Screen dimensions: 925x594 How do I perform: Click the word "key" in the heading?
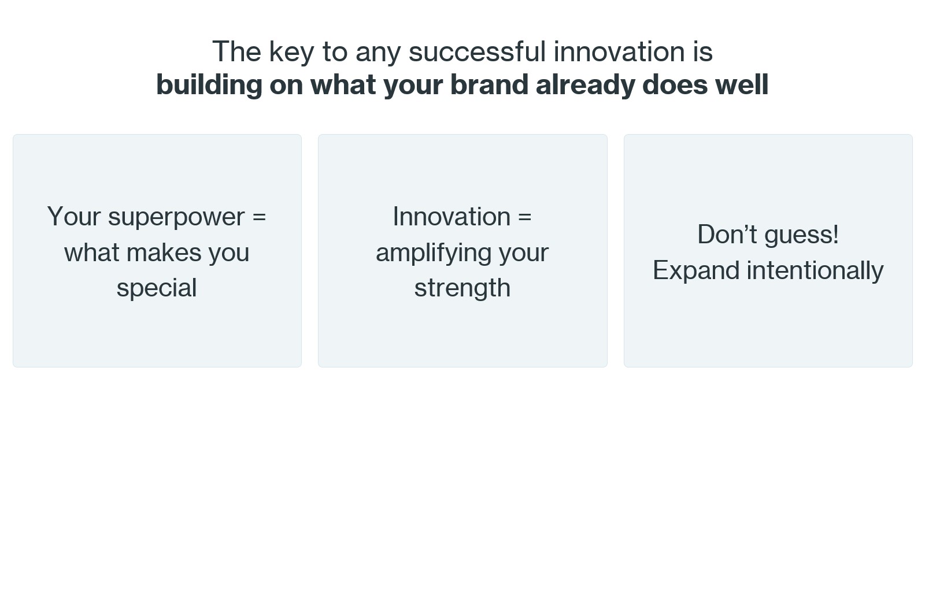291,53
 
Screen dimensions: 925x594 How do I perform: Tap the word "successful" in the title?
477,52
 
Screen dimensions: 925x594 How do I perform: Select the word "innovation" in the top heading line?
619,52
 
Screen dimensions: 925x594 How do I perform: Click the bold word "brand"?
489,84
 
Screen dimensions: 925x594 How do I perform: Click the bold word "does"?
675,84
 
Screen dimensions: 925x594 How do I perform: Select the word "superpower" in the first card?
176,217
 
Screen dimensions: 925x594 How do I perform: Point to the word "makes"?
164,252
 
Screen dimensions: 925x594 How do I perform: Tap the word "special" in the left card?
157,288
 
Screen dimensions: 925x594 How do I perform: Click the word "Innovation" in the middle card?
452,216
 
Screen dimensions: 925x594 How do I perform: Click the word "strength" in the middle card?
462,288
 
